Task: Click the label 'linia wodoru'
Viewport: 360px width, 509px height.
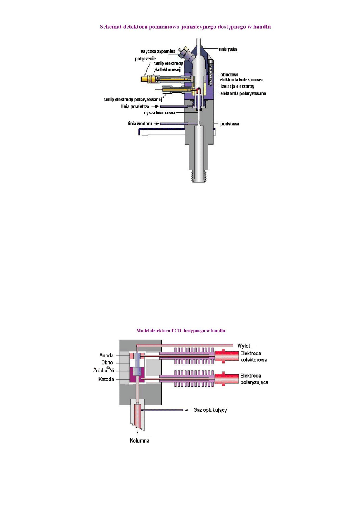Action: point(137,123)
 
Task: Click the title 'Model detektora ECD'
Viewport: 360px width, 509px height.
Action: point(180,330)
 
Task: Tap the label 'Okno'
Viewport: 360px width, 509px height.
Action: point(107,363)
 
